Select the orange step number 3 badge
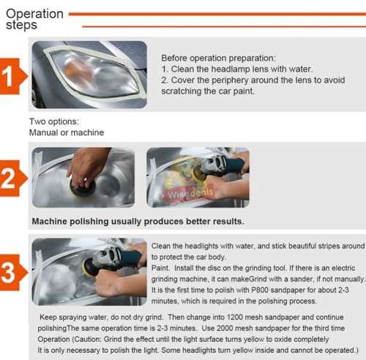click(12, 274)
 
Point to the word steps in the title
click(21, 26)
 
